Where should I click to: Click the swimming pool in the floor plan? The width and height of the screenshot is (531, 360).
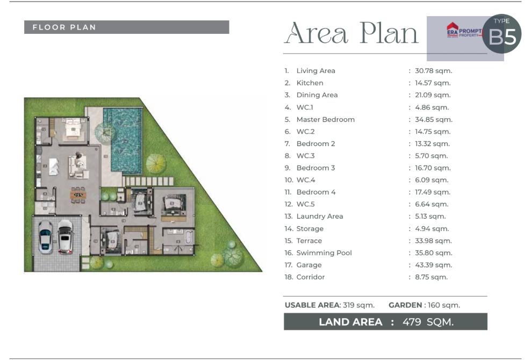click(x=123, y=139)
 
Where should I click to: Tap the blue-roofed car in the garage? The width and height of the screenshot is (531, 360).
click(x=45, y=237)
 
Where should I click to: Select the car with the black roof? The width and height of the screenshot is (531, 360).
click(x=66, y=237)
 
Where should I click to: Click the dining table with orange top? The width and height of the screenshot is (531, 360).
click(x=78, y=195)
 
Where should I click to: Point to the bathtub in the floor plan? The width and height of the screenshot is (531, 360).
click(x=188, y=237)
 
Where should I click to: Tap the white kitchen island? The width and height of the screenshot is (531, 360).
click(x=54, y=167)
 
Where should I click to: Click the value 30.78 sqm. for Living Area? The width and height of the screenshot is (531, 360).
click(x=434, y=71)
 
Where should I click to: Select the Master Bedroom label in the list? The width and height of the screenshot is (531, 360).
click(x=326, y=119)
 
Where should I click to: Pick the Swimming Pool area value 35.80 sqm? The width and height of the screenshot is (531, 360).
click(x=434, y=253)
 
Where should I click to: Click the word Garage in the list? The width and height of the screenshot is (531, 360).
click(x=309, y=265)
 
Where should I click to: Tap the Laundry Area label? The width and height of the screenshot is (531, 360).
click(x=320, y=217)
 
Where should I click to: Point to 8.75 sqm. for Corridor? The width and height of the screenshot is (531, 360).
click(x=432, y=277)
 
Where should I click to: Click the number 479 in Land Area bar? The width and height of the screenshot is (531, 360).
click(x=412, y=322)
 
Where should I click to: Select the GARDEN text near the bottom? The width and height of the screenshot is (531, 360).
click(x=405, y=305)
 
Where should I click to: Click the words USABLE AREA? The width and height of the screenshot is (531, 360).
click(x=312, y=305)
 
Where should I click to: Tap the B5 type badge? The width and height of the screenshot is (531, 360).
click(x=501, y=33)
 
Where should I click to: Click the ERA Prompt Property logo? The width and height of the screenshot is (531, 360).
click(x=464, y=31)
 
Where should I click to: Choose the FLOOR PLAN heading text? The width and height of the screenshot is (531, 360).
click(x=64, y=27)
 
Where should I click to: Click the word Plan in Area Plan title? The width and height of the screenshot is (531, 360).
click(x=389, y=33)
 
